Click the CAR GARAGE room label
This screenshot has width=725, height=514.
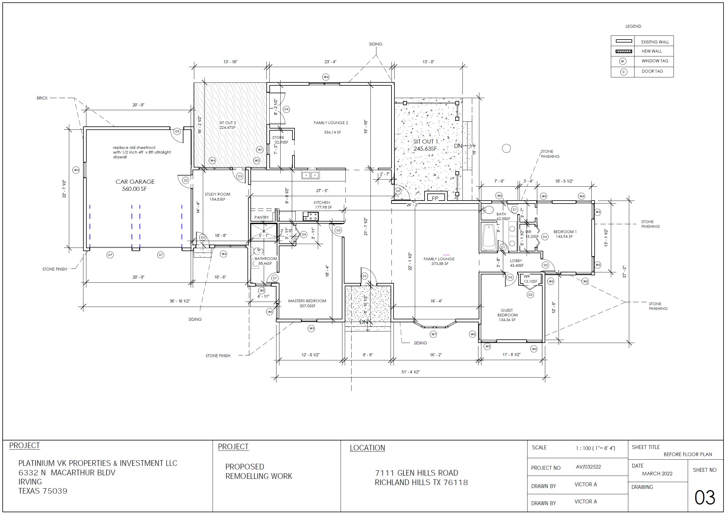pos(135,182)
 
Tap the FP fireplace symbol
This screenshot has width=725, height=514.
pos(435,199)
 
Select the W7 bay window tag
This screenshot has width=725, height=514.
pos(433,334)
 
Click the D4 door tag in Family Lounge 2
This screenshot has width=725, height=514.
pos(286,109)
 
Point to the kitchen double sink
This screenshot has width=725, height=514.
pos(310,175)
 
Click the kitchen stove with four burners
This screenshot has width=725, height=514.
pos(310,217)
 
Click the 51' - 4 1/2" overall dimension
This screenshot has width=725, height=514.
pos(410,372)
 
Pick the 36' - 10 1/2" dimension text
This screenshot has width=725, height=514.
pos(179,301)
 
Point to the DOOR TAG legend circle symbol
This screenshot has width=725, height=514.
pos(623,72)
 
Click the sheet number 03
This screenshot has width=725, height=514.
pos(704,498)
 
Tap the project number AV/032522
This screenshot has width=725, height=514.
pos(588,467)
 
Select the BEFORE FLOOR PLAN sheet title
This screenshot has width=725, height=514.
pos(688,455)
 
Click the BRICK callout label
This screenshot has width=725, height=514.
pos(42,98)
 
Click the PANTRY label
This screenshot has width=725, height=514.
pos(261,217)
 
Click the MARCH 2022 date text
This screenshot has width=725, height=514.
pos(657,474)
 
